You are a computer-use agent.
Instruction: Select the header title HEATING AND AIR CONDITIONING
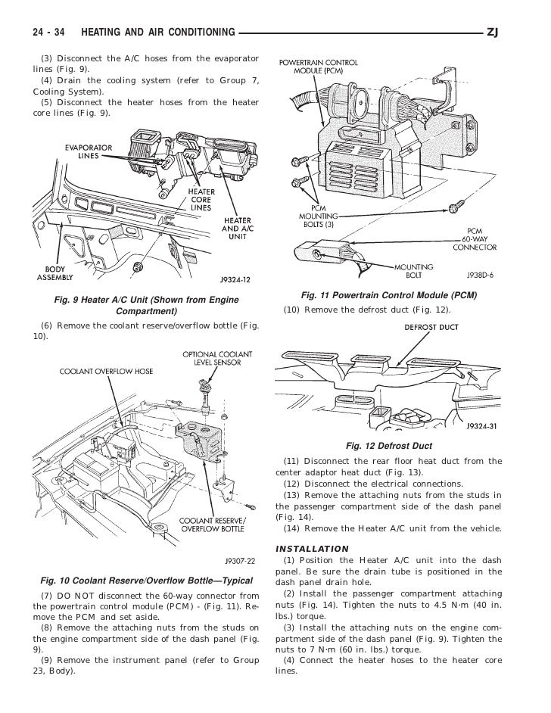tap(157, 33)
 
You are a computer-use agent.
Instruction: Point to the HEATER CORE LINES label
tap(201, 199)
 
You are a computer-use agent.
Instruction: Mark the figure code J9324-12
tap(234, 279)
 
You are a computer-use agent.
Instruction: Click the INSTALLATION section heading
tap(313, 548)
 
